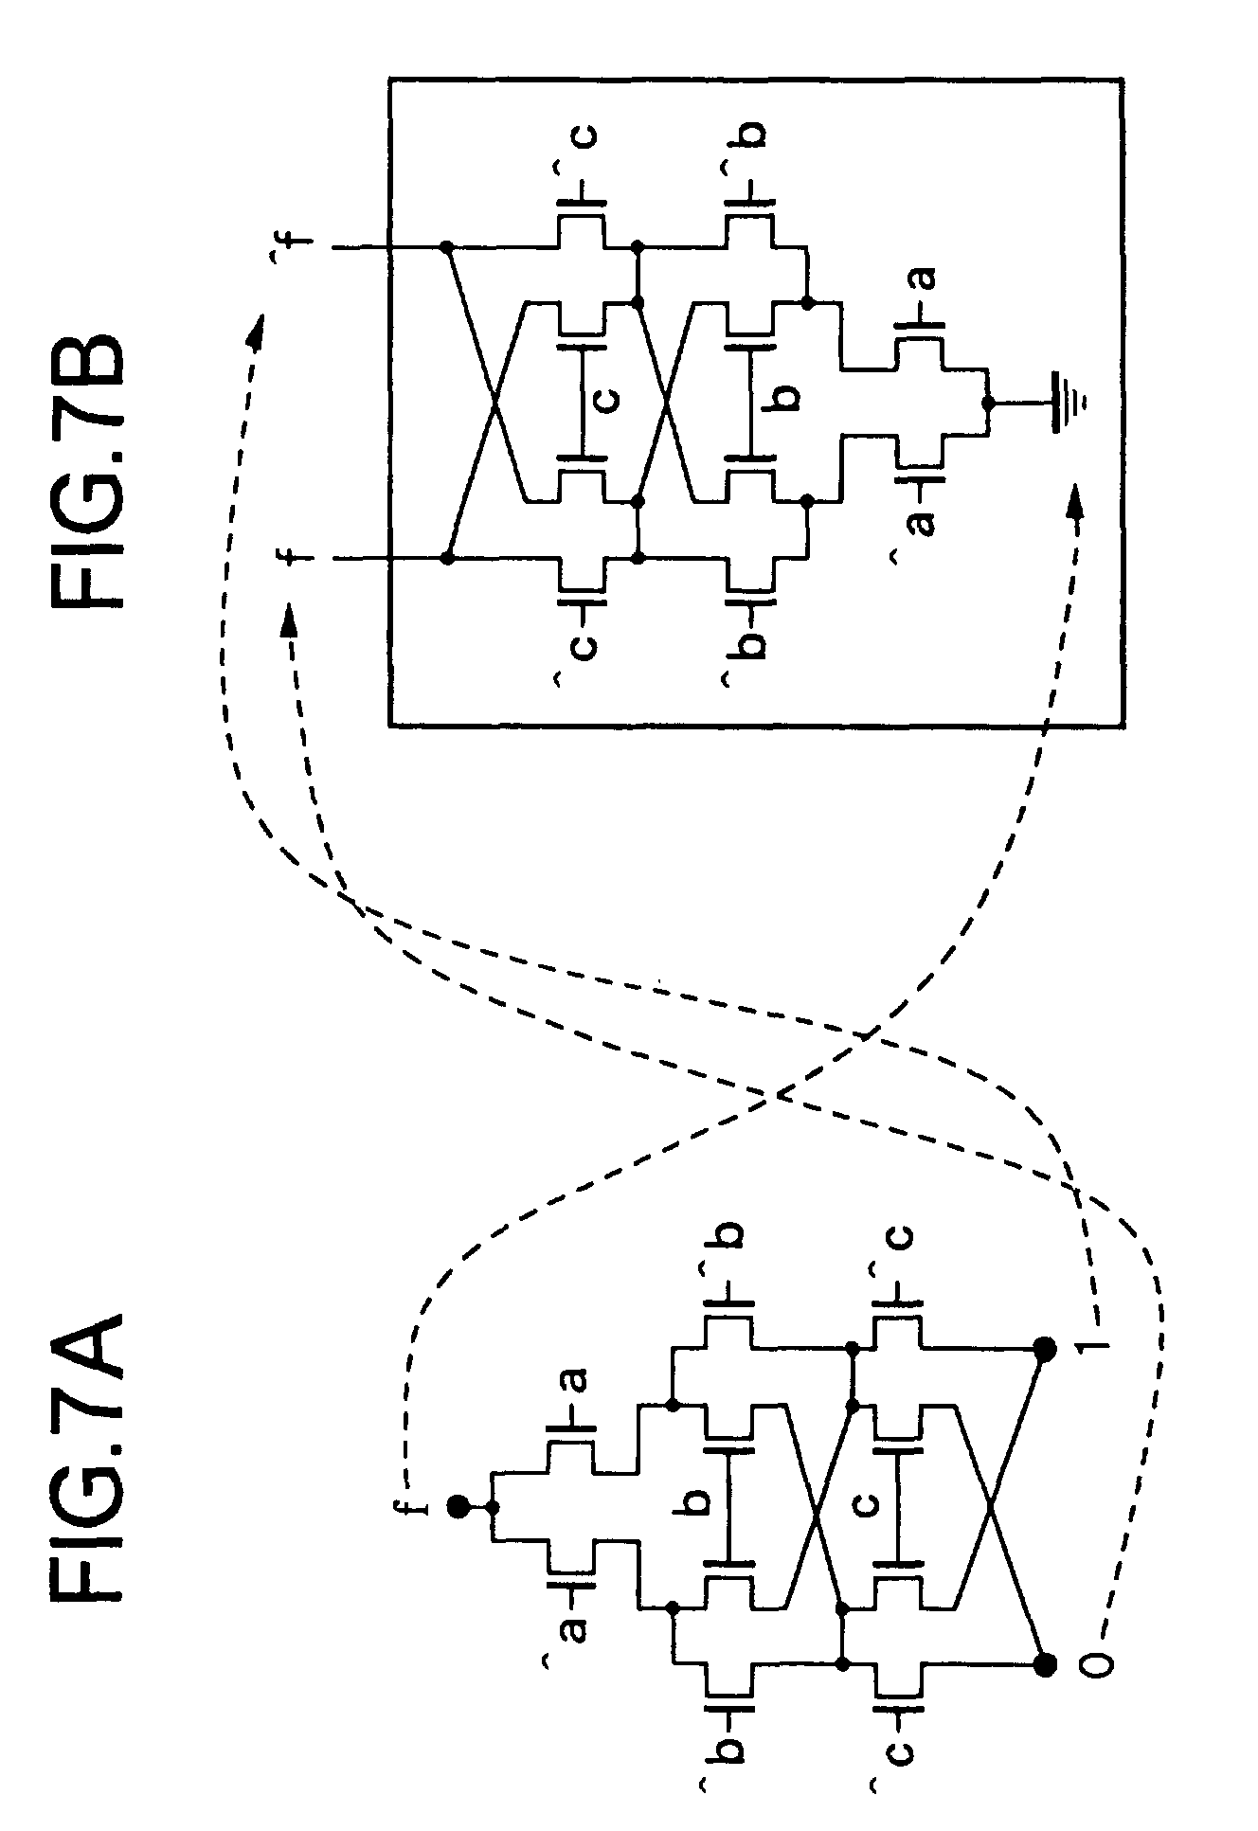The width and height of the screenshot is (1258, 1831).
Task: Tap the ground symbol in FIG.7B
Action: point(1065,402)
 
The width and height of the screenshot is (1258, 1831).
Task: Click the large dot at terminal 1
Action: point(1045,1350)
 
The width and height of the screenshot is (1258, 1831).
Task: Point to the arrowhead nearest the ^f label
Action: point(255,327)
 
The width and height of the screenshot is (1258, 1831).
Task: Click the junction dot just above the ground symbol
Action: point(988,403)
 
